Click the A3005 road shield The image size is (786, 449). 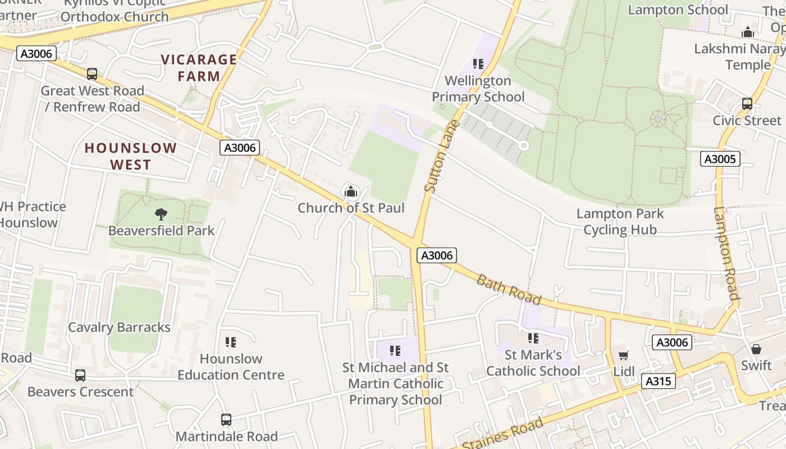(x=720, y=159)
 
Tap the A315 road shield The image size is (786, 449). (x=658, y=382)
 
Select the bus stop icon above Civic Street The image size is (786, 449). (x=747, y=104)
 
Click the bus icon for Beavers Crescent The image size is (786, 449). (x=80, y=375)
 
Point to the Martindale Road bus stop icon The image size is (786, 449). (x=226, y=420)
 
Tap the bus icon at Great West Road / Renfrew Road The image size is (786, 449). (x=92, y=74)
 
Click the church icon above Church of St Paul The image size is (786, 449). (x=351, y=192)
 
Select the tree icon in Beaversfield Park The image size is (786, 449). (x=161, y=214)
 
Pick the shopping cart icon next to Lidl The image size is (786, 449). (x=623, y=355)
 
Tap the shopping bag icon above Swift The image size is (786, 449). (x=756, y=349)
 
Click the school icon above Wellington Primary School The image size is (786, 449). (x=478, y=64)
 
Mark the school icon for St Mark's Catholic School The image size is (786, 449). (x=533, y=338)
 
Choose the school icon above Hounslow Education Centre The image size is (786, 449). (x=231, y=342)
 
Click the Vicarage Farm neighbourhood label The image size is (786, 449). (x=199, y=67)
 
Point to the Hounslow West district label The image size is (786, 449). (x=131, y=156)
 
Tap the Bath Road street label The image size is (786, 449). (x=509, y=289)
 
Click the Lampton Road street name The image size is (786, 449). (x=726, y=253)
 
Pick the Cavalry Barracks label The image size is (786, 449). (x=119, y=327)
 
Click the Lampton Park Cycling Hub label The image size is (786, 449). (x=620, y=222)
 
